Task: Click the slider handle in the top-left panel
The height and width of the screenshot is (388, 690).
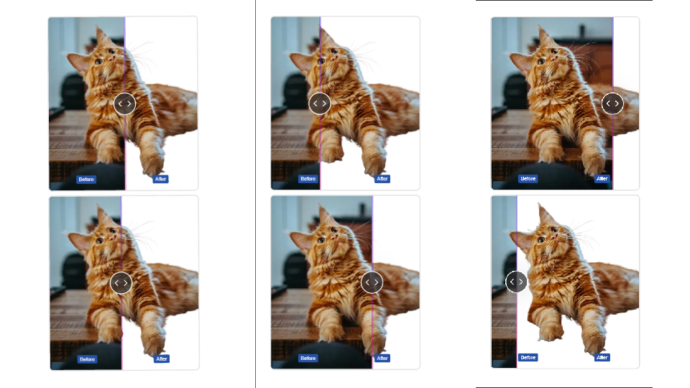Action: [x=124, y=103]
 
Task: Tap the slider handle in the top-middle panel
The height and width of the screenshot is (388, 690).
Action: [x=319, y=103]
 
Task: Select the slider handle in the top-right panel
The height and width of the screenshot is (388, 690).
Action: [x=612, y=103]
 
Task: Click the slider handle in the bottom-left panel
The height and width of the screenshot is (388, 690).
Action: [x=121, y=283]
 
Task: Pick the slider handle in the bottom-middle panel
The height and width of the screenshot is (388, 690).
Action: [x=372, y=282]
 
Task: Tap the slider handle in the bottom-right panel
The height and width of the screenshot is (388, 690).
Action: [x=516, y=282]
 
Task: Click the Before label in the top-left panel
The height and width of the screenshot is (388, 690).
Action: [x=86, y=180]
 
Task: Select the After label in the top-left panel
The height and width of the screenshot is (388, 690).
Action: [x=160, y=179]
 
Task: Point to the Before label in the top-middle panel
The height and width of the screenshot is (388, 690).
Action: [x=308, y=179]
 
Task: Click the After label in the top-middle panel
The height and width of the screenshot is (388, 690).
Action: [x=382, y=179]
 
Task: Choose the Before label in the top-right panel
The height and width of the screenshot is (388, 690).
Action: [x=528, y=179]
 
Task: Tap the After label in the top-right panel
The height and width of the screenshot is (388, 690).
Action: [x=602, y=179]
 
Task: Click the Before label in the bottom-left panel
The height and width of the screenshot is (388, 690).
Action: [x=87, y=359]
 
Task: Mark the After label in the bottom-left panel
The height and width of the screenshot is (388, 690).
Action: [x=162, y=359]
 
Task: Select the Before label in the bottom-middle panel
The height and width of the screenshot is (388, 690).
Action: [x=308, y=359]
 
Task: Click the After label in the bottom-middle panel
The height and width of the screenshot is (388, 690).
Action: [x=382, y=358]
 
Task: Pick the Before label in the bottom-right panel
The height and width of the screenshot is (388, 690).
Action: [x=528, y=358]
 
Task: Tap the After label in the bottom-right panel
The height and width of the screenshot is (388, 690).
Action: [x=602, y=358]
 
